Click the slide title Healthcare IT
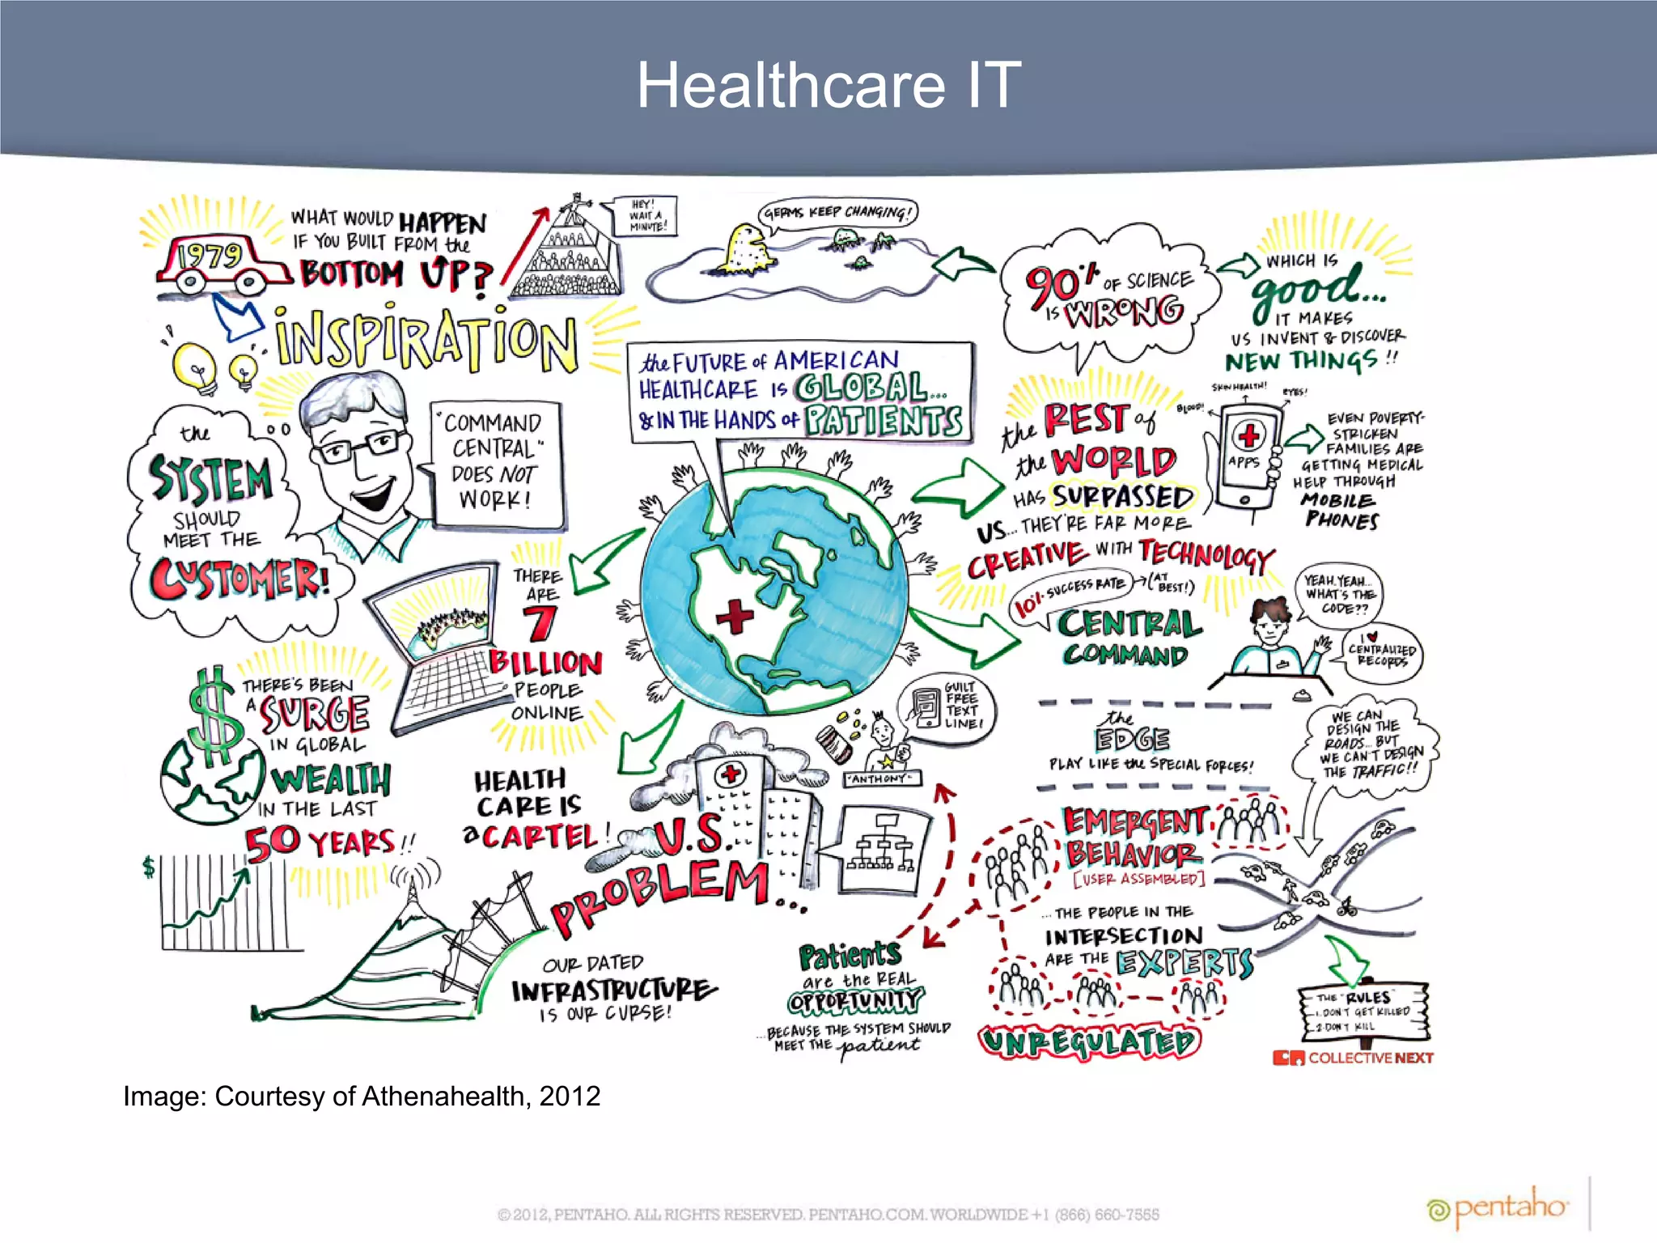(828, 85)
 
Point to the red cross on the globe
(735, 617)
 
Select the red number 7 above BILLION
(539, 623)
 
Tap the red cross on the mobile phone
(1248, 436)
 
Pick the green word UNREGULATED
(1089, 1041)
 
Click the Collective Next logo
(1353, 1058)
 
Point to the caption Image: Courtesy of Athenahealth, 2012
(362, 1096)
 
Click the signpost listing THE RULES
(1364, 1012)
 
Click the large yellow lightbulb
(195, 366)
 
